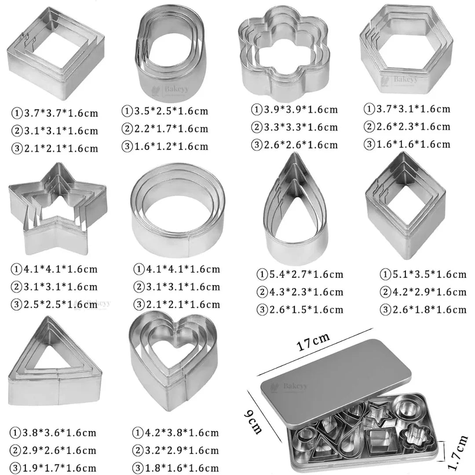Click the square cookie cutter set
[53, 55]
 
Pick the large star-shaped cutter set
[57, 209]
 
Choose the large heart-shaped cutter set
[174, 358]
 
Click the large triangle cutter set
[55, 363]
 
